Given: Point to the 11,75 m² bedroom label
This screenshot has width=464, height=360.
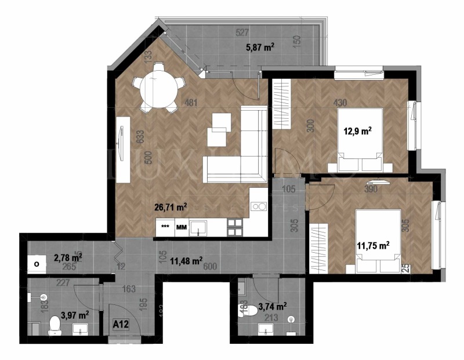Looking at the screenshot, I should (372, 246).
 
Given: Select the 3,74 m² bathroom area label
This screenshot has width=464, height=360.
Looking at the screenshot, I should (272, 307).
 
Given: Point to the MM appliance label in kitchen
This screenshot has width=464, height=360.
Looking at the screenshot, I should (182, 227).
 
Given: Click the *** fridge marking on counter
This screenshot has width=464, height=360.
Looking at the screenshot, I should (165, 227).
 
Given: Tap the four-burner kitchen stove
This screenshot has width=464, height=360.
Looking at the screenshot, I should (235, 227).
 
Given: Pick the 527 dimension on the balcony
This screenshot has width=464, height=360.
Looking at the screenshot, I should (243, 33).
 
